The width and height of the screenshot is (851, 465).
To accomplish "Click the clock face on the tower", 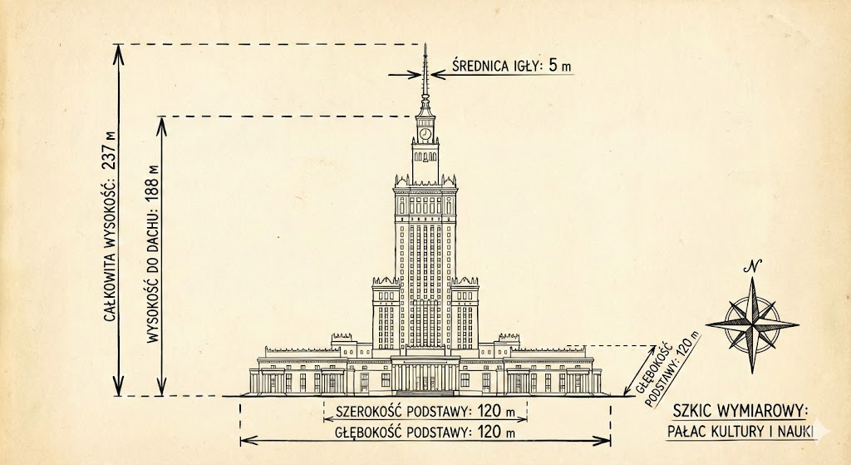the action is (x=425, y=134).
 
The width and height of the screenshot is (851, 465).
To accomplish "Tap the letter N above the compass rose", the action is (x=753, y=266).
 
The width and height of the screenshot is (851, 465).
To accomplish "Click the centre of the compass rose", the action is (x=752, y=325).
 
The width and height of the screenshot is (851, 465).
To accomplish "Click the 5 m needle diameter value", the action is (x=559, y=66).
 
